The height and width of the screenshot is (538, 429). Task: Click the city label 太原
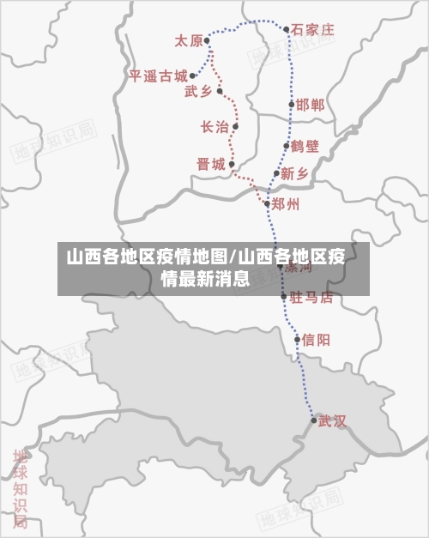[189, 40]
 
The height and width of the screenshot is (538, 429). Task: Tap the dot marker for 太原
[207, 40]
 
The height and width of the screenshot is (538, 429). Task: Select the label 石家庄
[312, 29]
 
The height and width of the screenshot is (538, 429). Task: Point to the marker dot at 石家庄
[287, 29]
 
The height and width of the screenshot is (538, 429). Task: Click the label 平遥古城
[158, 76]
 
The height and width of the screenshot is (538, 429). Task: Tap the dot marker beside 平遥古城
[192, 76]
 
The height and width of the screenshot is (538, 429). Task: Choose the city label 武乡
[198, 92]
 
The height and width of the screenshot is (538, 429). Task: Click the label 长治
[214, 127]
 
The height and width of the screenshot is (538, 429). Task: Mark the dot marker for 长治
[235, 127]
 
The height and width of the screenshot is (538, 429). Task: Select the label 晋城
[210, 164]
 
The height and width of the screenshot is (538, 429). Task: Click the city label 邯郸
[311, 105]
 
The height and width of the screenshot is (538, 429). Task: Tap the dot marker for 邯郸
[292, 105]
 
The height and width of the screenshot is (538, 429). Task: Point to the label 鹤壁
[305, 146]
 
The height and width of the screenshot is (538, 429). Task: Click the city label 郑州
[286, 204]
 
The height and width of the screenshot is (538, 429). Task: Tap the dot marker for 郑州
[268, 204]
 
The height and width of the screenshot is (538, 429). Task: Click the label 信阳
[316, 340]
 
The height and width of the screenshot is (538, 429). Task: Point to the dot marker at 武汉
[313, 420]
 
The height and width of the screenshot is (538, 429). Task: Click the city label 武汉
[332, 420]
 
